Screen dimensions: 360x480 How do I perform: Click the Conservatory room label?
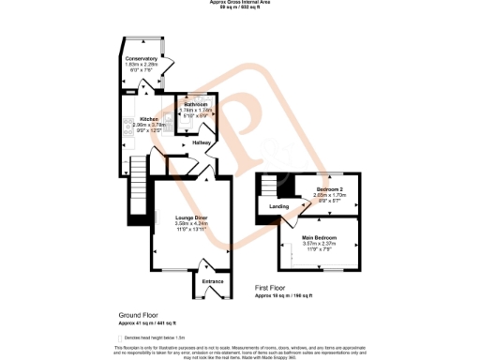click(142, 58)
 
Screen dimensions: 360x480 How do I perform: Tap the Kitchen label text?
click(149, 119)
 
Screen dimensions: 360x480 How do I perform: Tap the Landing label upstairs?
click(278, 206)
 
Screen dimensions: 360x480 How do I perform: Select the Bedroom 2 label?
click(330, 189)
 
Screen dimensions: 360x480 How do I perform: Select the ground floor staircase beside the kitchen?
click(138, 172)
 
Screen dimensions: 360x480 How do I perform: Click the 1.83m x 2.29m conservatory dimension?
click(142, 64)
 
